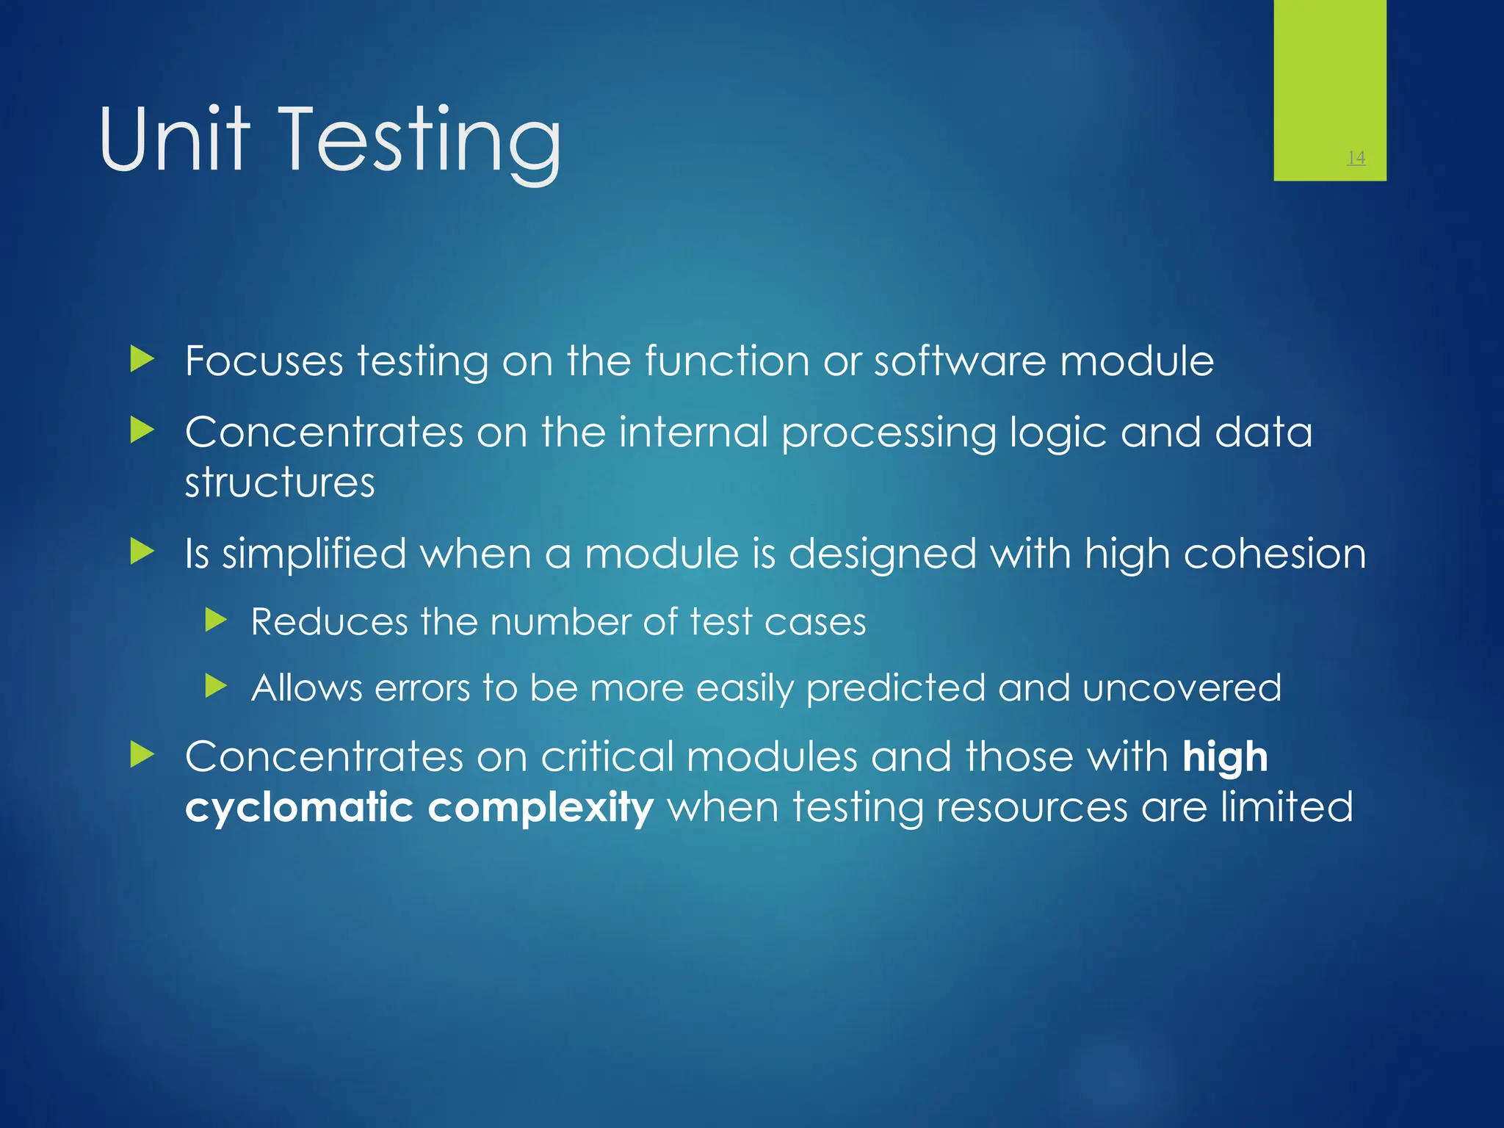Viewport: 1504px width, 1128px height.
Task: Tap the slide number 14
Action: click(x=1356, y=157)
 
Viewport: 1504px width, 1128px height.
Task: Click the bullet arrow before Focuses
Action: click(x=142, y=360)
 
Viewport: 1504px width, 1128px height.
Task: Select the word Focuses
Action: click(x=264, y=361)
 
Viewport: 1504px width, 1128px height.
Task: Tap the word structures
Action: click(x=280, y=483)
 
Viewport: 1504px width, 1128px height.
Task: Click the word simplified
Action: click(x=314, y=554)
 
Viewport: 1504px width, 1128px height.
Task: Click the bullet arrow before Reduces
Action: click(x=216, y=621)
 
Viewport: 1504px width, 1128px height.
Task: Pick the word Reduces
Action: click(x=329, y=622)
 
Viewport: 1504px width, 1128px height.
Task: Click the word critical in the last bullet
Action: click(x=607, y=756)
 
